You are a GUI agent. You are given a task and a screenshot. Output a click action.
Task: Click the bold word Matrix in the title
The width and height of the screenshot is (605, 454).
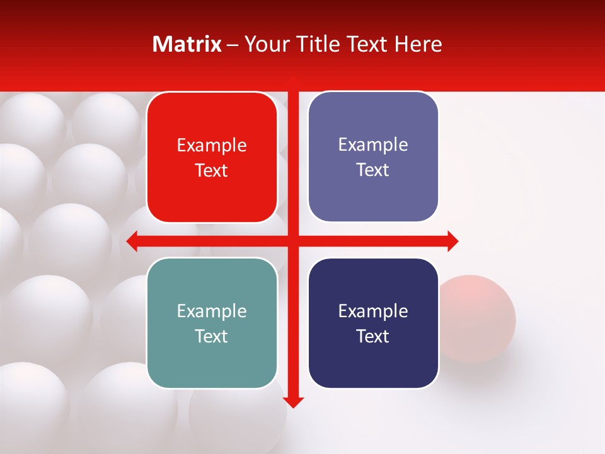coord(187,44)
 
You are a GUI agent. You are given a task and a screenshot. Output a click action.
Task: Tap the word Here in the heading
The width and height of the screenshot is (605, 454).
coord(418,44)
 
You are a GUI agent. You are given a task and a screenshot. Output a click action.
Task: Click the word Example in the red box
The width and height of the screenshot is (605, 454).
coord(212,146)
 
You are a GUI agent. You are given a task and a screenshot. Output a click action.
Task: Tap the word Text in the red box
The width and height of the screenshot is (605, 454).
coord(212,171)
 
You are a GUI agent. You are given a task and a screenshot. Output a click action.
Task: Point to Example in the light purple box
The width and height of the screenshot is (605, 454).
coord(373,145)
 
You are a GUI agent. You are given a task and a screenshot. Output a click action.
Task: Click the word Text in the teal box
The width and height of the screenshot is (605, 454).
coord(212,336)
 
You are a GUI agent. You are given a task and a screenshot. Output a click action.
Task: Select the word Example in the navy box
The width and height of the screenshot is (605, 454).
coord(373,311)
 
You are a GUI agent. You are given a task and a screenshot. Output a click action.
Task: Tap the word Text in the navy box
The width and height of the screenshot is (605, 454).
coord(373,336)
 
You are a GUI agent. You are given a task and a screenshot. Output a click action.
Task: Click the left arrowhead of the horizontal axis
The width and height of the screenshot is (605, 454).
coord(132,242)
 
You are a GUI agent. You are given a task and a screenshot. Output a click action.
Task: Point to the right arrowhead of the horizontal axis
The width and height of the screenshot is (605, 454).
coord(452,242)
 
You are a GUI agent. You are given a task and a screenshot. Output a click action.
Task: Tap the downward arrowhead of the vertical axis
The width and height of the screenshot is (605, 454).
coord(293,402)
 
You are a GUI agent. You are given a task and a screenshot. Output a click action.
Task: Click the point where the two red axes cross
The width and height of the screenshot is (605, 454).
coord(293,242)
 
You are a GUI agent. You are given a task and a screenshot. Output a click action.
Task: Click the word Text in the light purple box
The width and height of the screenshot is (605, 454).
coord(373,170)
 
